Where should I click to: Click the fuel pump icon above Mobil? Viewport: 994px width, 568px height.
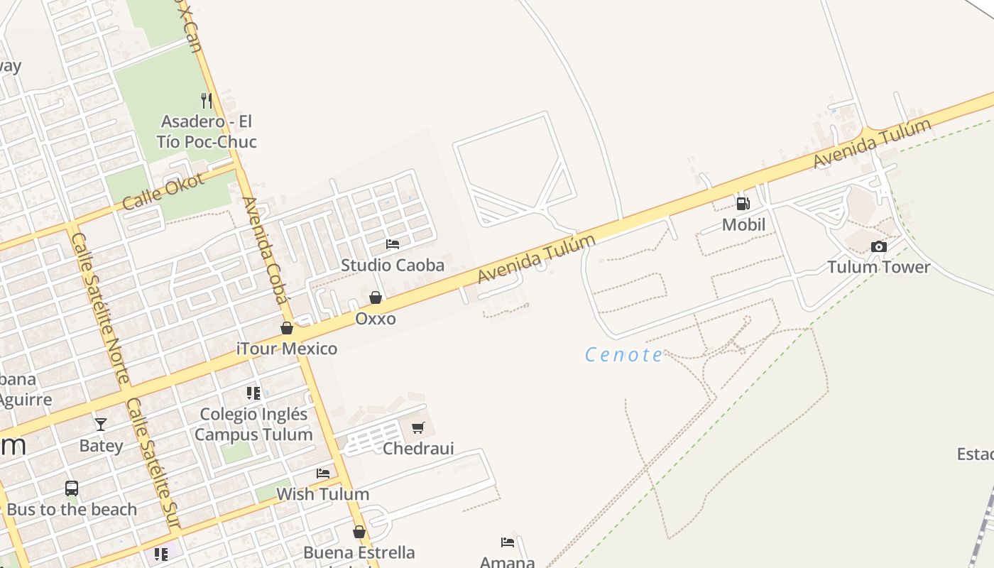click(743, 204)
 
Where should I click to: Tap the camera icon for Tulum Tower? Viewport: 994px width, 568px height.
click(878, 246)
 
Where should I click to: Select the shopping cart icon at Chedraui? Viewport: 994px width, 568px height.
click(418, 427)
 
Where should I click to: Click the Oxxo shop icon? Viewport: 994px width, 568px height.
click(376, 297)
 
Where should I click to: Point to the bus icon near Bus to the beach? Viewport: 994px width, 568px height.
click(72, 488)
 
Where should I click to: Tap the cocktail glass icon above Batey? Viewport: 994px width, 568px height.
click(101, 425)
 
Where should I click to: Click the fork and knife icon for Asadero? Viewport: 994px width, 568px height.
click(206, 101)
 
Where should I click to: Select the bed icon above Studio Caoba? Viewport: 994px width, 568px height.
click(393, 244)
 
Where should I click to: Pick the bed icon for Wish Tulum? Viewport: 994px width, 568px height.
click(323, 473)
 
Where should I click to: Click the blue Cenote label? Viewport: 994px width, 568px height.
click(624, 355)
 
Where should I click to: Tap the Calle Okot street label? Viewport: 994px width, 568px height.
click(164, 191)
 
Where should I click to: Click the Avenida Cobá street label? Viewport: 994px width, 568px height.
click(266, 249)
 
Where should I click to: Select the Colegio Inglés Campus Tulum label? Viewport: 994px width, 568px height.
click(253, 424)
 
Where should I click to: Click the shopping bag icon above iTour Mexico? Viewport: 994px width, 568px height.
click(287, 328)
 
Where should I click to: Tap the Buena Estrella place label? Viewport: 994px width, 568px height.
click(359, 552)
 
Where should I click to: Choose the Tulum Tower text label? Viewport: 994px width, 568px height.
click(878, 267)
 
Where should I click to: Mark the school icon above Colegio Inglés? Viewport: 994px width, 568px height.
click(253, 393)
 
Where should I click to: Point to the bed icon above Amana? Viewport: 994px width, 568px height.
click(507, 542)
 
